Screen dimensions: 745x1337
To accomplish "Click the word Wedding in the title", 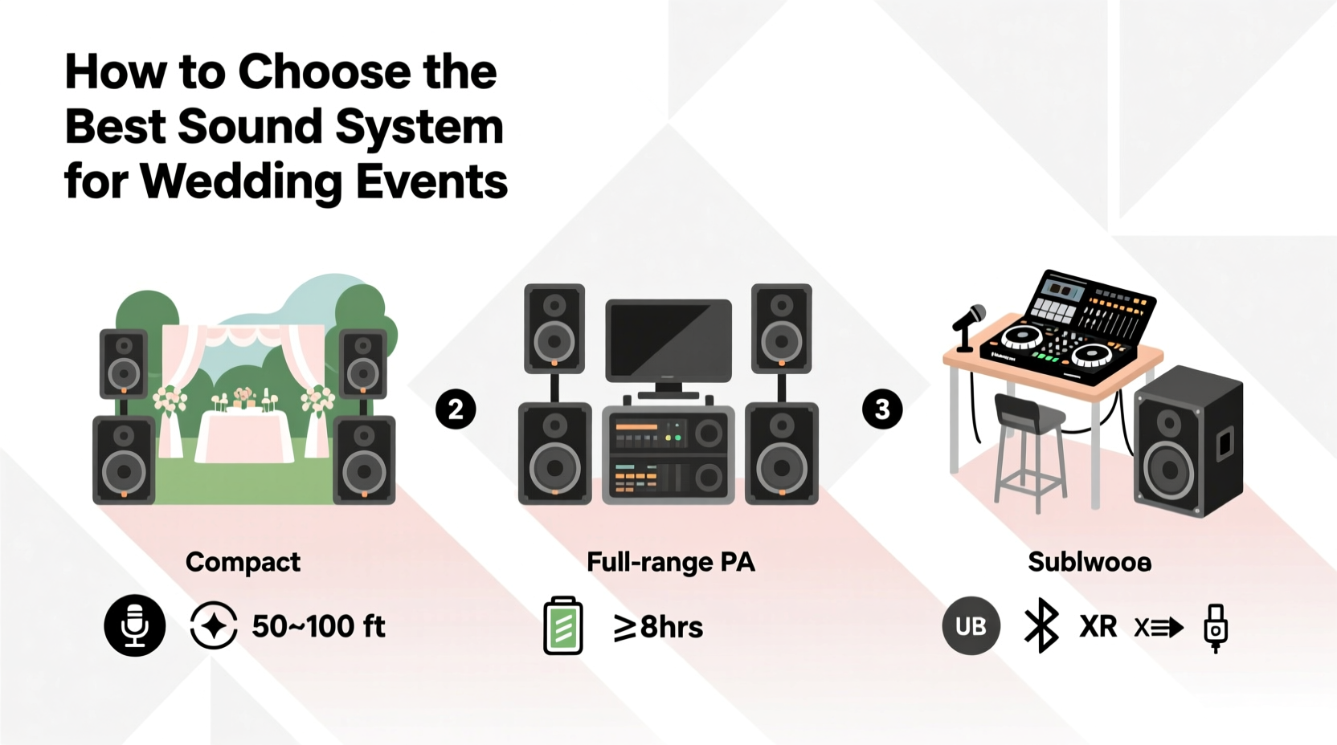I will point(243,181).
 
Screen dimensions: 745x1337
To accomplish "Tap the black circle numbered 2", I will point(456,409).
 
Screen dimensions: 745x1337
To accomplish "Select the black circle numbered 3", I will point(882,409).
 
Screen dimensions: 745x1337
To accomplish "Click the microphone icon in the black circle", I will point(135,625).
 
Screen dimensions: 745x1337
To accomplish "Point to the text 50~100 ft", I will point(318,626).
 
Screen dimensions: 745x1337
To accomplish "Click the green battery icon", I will point(563,625).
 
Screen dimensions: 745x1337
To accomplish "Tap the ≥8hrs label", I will point(658,627).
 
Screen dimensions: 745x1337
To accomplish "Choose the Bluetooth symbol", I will point(1041,625).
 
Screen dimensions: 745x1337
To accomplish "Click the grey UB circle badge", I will point(971,626).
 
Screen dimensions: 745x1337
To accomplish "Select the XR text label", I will point(1098,626).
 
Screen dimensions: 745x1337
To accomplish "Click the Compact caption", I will point(243,562).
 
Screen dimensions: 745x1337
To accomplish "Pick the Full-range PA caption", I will point(671,562).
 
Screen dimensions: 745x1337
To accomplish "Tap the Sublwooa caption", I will point(1090,562).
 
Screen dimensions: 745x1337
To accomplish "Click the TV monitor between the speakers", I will point(668,341).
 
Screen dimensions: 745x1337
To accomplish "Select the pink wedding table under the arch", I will point(245,438).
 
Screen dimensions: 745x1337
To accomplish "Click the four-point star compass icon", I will point(214,625).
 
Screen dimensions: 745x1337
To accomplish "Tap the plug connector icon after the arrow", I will point(1216,627).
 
